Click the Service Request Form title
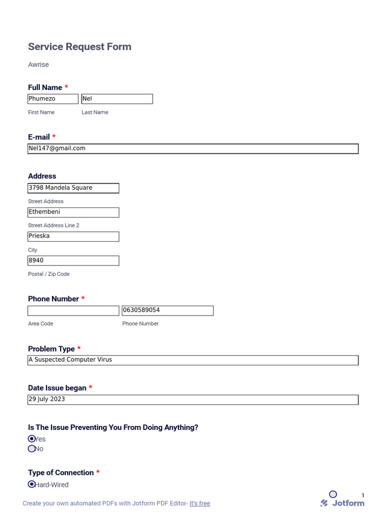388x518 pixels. [x=79, y=47]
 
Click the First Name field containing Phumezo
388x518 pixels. [x=53, y=99]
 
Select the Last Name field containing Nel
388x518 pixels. [x=117, y=99]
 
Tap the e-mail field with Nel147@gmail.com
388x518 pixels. [x=193, y=149]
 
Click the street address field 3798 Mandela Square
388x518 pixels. [x=73, y=188]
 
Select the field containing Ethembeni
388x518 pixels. [x=73, y=212]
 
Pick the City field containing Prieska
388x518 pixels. [x=73, y=236]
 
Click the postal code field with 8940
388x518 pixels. [x=73, y=261]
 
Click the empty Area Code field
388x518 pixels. [x=73, y=311]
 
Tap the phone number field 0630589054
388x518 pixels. [x=167, y=311]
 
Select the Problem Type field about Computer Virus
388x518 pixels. [x=193, y=360]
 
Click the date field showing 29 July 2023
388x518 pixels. [x=193, y=400]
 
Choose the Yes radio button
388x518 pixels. [x=32, y=439]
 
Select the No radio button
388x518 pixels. [x=32, y=449]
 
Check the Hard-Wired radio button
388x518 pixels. [x=32, y=484]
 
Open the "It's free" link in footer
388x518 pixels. [x=200, y=503]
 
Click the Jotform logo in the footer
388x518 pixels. [x=343, y=503]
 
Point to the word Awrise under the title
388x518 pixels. [x=38, y=65]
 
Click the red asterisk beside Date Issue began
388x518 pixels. [x=90, y=387]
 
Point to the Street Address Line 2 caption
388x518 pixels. [x=54, y=225]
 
